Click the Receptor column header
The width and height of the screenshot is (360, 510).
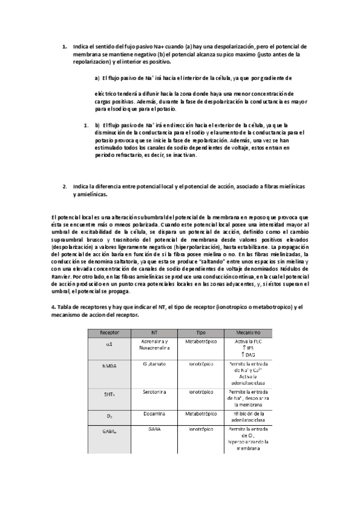(x=109, y=332)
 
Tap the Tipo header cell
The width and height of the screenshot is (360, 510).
(x=201, y=332)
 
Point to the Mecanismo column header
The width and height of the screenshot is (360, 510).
(x=245, y=332)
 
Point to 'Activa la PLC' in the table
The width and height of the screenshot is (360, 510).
(x=245, y=341)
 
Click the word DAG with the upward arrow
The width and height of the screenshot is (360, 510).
(x=245, y=355)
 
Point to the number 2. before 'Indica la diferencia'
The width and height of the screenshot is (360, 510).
(x=65, y=186)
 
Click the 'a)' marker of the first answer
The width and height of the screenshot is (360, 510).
(x=97, y=78)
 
